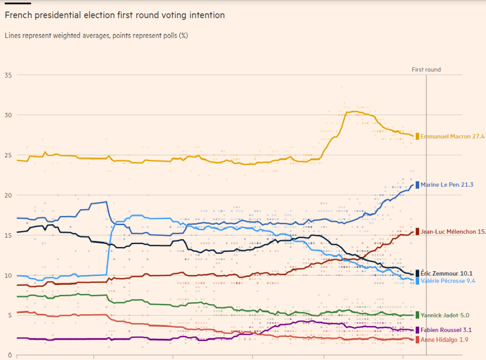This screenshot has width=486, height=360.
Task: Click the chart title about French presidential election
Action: pos(114,15)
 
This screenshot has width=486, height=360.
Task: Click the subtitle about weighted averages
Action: pos(96,36)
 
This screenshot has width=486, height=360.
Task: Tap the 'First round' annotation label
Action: pos(426,70)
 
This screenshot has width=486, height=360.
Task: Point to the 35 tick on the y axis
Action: pos(8,75)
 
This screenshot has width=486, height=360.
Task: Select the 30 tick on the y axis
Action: pos(8,115)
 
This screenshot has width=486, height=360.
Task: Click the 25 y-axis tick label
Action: pos(8,155)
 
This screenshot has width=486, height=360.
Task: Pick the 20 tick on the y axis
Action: pos(8,195)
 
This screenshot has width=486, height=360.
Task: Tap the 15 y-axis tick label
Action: pos(8,235)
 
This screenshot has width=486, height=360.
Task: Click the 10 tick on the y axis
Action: pos(8,275)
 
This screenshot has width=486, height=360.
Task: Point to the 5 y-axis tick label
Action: pos(9,315)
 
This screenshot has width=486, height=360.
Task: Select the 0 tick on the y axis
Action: pos(9,355)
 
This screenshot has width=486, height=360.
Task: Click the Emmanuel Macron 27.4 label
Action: pos(452,136)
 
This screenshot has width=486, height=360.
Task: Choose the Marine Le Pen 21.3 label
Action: pos(447,185)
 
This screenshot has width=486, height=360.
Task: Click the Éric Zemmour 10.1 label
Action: pos(446,273)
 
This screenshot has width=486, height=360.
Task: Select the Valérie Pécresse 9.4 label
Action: pos(448,281)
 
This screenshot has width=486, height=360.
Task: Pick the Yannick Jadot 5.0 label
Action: pos(445,315)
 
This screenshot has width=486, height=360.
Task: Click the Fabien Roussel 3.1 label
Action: pos(446,330)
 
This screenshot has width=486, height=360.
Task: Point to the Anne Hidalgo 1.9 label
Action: pos(445,340)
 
